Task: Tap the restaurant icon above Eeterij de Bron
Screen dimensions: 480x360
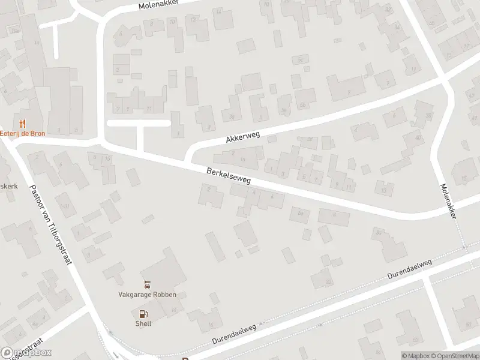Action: click(23, 123)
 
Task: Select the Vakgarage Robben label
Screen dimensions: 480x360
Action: click(147, 294)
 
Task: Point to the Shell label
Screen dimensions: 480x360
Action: click(143, 323)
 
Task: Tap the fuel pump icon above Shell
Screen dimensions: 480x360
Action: click(143, 313)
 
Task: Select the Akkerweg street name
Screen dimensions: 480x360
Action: click(242, 137)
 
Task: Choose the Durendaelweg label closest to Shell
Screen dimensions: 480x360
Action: click(234, 335)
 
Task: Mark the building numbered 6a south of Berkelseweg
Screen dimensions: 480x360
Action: click(300, 213)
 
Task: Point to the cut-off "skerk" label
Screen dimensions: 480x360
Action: click(8, 186)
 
